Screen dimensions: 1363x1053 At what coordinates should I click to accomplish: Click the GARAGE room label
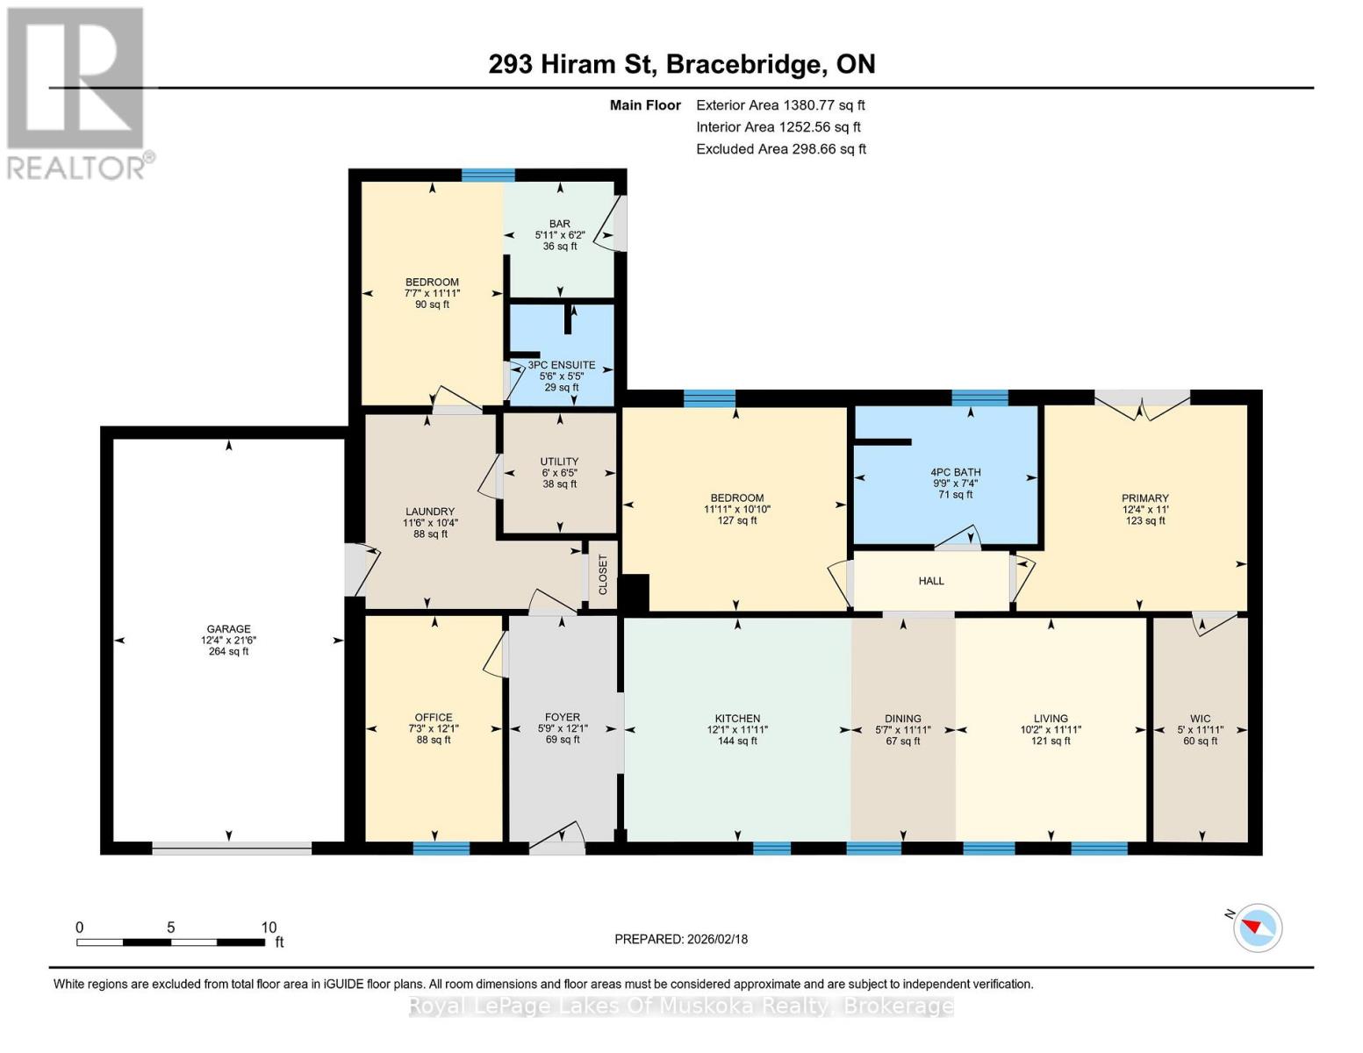pyautogui.click(x=228, y=629)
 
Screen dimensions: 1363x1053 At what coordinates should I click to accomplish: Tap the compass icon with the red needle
pyautogui.click(x=1257, y=928)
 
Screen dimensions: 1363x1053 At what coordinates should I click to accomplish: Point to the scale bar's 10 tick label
pyautogui.click(x=269, y=927)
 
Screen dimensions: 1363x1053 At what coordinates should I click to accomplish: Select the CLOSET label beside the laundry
pyautogui.click(x=603, y=575)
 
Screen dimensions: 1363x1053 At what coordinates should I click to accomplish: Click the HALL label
pyautogui.click(x=931, y=581)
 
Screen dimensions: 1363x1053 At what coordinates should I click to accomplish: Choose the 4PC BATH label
pyautogui.click(x=955, y=472)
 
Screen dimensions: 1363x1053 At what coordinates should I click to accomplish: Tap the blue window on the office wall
pyautogui.click(x=441, y=848)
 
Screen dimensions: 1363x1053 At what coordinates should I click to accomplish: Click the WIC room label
pyautogui.click(x=1200, y=719)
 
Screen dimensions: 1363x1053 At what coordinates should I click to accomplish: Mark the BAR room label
pyautogui.click(x=559, y=224)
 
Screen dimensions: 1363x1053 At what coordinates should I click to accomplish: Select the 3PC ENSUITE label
pyautogui.click(x=562, y=365)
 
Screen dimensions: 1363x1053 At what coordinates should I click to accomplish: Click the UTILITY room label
pyautogui.click(x=559, y=462)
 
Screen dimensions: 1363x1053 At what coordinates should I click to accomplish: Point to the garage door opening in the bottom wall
pyautogui.click(x=232, y=848)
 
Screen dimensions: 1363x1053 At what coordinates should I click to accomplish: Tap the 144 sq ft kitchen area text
pyautogui.click(x=737, y=741)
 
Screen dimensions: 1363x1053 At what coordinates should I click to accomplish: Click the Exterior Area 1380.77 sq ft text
pyautogui.click(x=780, y=105)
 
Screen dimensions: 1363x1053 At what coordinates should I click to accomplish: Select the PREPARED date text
pyautogui.click(x=680, y=939)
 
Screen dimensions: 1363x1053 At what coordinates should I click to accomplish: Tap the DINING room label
pyautogui.click(x=902, y=719)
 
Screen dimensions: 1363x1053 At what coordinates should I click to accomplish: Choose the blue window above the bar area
pyautogui.click(x=488, y=175)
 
